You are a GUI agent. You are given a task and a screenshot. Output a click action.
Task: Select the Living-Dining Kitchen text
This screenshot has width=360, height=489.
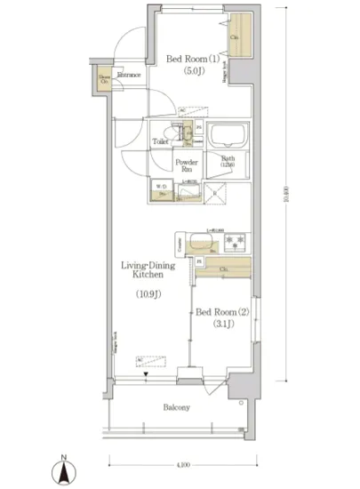[x=145, y=271]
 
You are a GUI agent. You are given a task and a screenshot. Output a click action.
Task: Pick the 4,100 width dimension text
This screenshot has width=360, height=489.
[x=182, y=464]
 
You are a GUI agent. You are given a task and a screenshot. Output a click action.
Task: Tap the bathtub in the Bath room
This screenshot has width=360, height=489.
[x=228, y=137]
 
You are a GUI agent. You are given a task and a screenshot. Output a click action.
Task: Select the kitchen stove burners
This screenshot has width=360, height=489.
[x=236, y=243]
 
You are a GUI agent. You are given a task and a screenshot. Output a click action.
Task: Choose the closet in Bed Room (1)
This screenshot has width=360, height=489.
[x=237, y=37]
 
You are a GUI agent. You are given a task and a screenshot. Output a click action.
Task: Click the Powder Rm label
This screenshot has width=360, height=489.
[x=186, y=166]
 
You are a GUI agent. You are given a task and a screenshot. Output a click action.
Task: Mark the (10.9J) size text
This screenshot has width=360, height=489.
[x=148, y=293]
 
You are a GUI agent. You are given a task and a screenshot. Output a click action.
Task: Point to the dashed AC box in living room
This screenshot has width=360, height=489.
[x=149, y=361]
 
